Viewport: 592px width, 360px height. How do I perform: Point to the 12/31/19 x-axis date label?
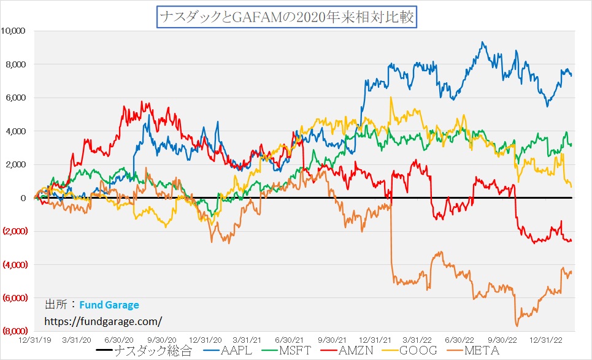pyautogui.click(x=35, y=339)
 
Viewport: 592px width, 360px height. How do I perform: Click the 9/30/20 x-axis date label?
pyautogui.click(x=163, y=339)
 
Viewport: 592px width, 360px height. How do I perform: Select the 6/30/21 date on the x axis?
pyautogui.click(x=290, y=339)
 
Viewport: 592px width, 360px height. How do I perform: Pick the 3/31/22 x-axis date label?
pyautogui.click(x=418, y=339)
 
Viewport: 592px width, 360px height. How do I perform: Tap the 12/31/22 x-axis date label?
pyautogui.click(x=545, y=339)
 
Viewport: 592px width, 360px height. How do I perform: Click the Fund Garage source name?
pyautogui.click(x=109, y=305)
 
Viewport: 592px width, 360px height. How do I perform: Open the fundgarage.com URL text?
pyautogui.click(x=103, y=321)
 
